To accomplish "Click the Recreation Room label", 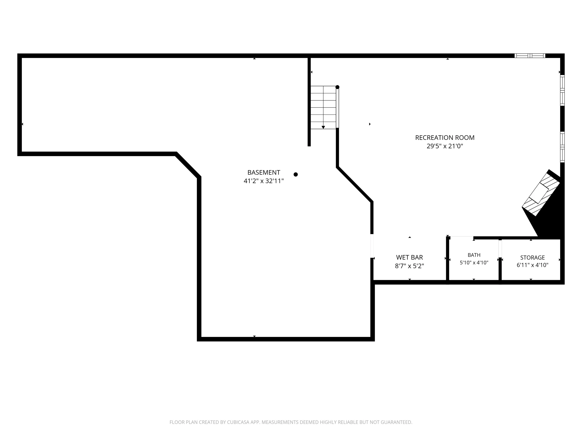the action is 445,138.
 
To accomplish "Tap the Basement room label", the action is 264,172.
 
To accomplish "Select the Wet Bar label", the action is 409,257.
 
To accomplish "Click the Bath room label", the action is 474,255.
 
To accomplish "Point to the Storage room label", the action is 532,258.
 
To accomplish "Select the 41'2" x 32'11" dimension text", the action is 264,181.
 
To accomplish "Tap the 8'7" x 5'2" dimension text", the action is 409,266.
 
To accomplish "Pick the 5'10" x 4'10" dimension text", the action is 474,263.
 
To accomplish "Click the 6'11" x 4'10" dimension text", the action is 532,265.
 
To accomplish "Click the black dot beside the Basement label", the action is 295,174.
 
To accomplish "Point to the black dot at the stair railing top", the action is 337,87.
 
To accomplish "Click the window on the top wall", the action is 530,56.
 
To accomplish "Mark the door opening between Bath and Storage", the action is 500,249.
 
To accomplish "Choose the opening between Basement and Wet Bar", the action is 372,246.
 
